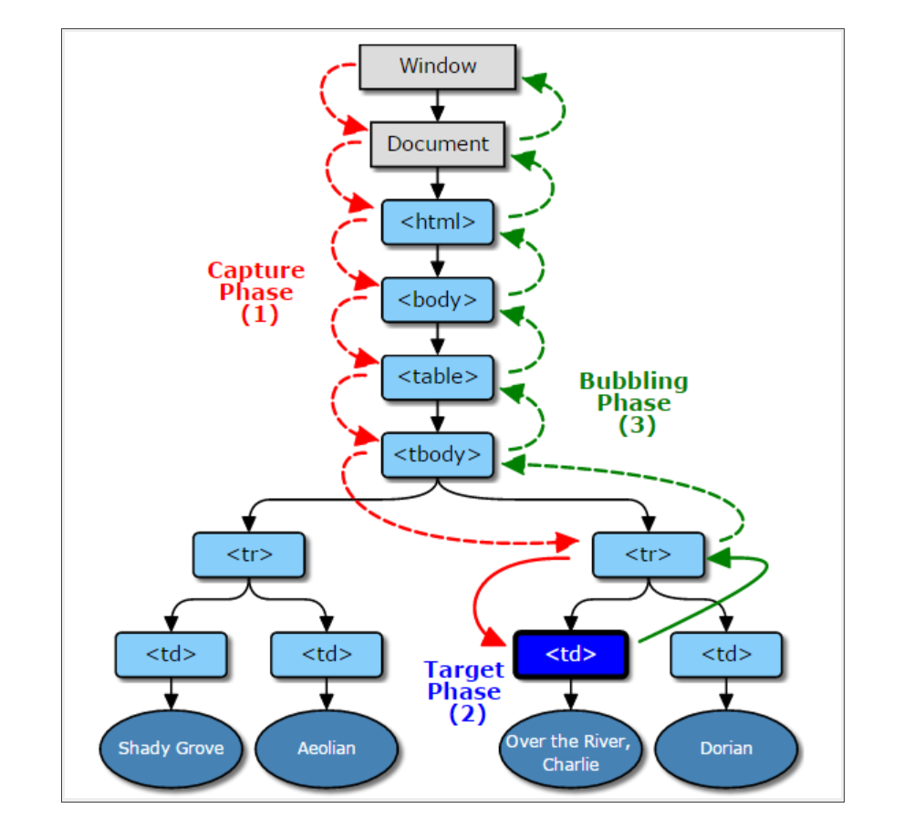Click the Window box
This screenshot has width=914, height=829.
[438, 67]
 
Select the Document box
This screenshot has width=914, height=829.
[438, 144]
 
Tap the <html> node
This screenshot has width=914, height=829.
[438, 222]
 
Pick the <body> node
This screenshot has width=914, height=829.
[438, 299]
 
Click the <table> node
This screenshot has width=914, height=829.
[438, 376]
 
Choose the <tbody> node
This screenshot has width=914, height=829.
[438, 453]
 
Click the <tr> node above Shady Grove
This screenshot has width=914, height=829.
[248, 554]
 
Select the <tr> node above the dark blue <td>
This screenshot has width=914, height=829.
[648, 554]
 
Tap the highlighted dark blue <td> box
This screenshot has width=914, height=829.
[571, 654]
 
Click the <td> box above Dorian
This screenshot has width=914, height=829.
[726, 654]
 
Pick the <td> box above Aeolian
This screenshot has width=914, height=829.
[327, 654]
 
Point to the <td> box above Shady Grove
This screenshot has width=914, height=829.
[171, 654]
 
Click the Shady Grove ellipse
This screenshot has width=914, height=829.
[171, 749]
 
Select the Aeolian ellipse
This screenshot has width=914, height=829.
[327, 749]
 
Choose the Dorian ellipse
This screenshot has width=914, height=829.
[726, 749]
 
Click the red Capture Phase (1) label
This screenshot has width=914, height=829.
[256, 293]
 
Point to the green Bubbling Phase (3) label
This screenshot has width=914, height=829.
[634, 403]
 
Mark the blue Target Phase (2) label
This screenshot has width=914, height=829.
[463, 692]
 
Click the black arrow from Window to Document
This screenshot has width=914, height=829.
[438, 105]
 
